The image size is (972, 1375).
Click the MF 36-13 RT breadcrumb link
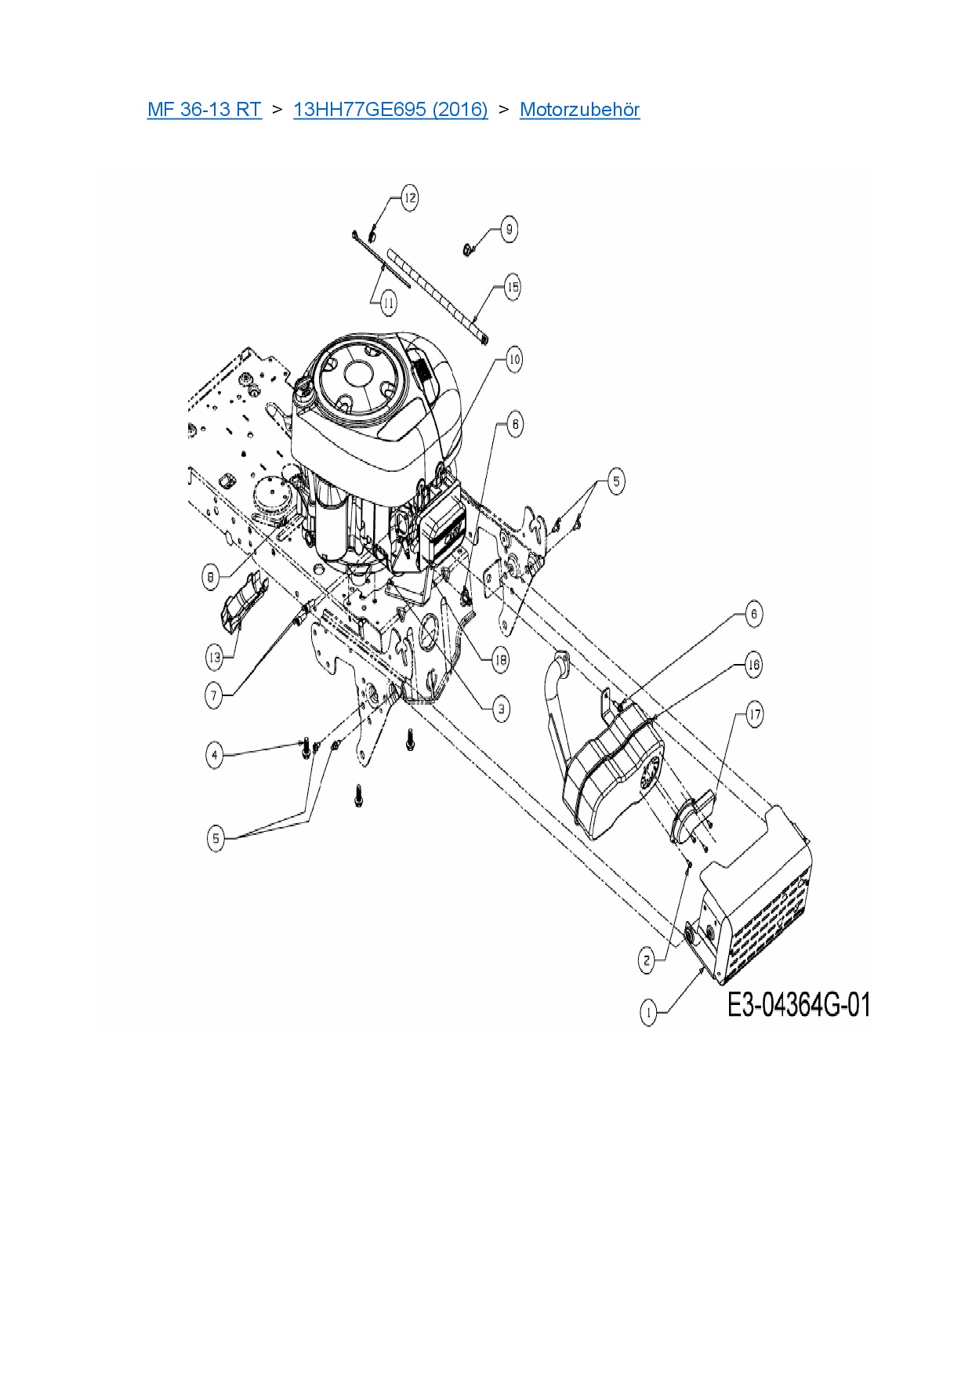tap(204, 110)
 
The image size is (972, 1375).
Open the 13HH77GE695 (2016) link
tap(390, 110)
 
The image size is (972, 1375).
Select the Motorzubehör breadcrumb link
tap(579, 110)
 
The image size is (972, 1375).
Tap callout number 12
tap(409, 198)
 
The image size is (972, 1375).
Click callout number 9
tap(509, 230)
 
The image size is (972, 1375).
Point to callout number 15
tap(512, 288)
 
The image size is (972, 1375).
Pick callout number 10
tap(513, 360)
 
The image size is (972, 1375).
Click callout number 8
tap(210, 579)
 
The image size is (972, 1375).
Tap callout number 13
tap(214, 657)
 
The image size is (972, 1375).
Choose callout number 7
tap(214, 695)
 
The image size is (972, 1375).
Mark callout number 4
tap(214, 756)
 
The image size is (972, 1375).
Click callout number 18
tap(500, 660)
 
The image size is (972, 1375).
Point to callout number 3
tap(501, 709)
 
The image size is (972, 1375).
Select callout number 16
tap(753, 666)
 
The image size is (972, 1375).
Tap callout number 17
tap(753, 715)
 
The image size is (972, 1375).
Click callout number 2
tap(647, 960)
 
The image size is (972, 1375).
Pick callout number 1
tap(648, 1014)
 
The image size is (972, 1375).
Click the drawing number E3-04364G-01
tap(798, 1004)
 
